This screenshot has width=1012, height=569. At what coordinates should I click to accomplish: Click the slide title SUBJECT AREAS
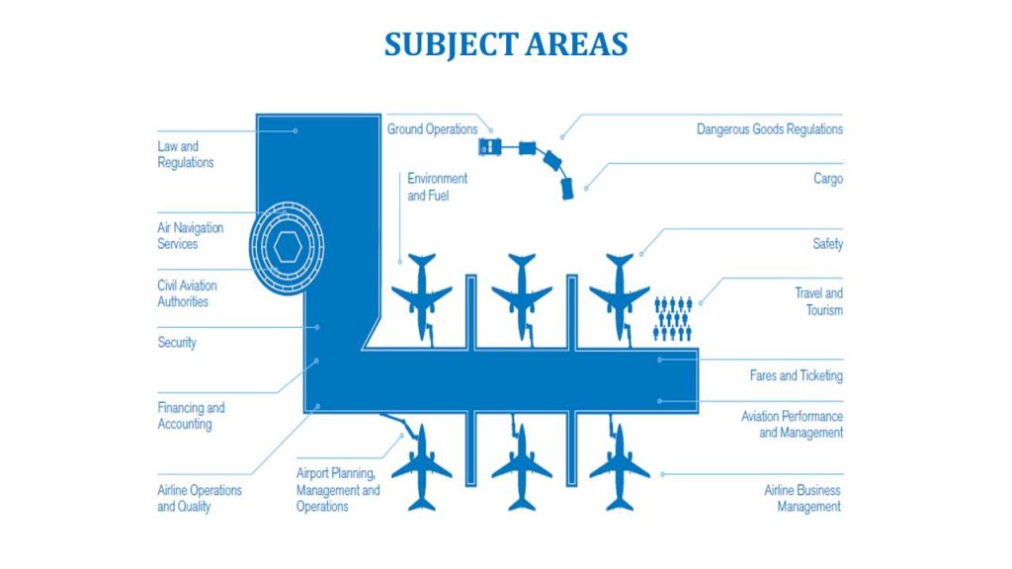[505, 44]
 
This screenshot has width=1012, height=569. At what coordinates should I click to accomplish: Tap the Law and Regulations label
[186, 154]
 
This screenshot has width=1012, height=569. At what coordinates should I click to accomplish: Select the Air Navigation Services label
[191, 235]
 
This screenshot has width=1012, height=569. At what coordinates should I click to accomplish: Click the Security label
[177, 343]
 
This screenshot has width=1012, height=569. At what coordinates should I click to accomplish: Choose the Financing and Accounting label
[191, 416]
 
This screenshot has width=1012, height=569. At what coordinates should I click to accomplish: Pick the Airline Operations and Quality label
[200, 498]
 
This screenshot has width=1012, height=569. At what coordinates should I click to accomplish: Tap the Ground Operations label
[432, 129]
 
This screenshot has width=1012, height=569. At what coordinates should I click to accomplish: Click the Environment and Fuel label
[437, 187]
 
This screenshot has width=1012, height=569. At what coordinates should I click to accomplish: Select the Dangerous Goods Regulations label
[770, 129]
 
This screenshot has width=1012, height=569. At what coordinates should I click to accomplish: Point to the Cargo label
[828, 180]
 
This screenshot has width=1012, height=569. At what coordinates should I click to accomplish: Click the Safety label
[827, 244]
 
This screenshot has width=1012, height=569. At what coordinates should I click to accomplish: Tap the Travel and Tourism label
[819, 301]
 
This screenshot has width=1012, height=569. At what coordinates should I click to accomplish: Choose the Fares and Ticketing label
[796, 375]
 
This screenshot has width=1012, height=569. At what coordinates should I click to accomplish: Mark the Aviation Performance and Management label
[792, 424]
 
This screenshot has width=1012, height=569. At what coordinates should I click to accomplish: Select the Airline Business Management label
[802, 498]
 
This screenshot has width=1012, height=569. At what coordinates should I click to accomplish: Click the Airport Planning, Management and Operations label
[338, 490]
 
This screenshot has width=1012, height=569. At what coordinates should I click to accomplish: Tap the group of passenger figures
[673, 318]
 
